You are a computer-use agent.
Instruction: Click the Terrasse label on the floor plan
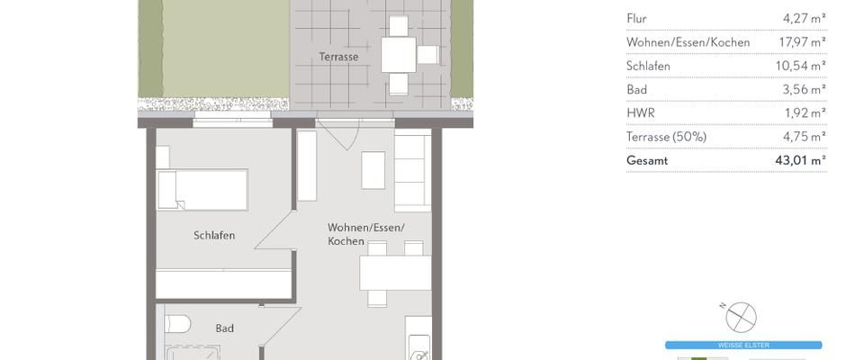pos(338,57)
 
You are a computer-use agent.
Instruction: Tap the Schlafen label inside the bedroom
pos(214,236)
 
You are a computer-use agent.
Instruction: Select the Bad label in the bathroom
pos(224,328)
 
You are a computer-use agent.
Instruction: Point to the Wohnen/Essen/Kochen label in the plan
pos(365,234)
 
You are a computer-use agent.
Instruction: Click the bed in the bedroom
pos(202,190)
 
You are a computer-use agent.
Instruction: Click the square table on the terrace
pos(398,54)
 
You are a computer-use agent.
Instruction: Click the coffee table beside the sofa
pos(373,170)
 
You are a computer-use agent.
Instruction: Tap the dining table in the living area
pos(395,273)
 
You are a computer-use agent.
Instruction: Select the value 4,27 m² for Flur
pos(807,18)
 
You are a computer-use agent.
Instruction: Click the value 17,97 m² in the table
pos(805,42)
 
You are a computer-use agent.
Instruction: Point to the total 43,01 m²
pos(805,160)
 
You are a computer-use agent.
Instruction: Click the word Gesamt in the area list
pos(647,160)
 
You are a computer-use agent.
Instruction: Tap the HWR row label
pos(640,113)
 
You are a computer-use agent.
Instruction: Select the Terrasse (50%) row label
pos(666,137)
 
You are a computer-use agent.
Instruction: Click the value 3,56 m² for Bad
pos(807,90)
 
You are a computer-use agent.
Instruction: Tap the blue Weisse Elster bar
pos(742,345)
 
